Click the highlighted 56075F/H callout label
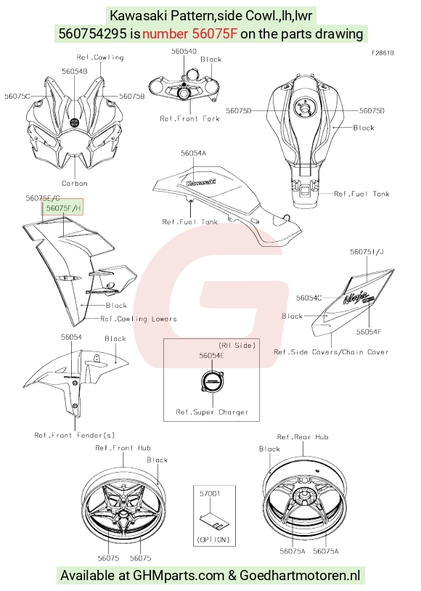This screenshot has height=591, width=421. click(x=62, y=208)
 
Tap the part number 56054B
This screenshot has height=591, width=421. click(x=75, y=71)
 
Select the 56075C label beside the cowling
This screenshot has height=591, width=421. click(x=17, y=96)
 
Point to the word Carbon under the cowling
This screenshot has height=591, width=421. click(x=75, y=184)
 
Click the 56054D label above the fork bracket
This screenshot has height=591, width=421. click(x=184, y=52)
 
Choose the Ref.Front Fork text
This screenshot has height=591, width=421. click(x=189, y=119)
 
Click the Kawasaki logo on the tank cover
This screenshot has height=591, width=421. click(x=201, y=183)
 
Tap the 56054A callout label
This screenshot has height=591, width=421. click(x=193, y=153)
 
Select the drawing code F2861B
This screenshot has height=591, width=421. click(x=383, y=53)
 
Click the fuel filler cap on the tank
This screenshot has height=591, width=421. click(x=305, y=107)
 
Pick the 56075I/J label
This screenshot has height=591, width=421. click(x=367, y=252)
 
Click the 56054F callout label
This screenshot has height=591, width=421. click(x=369, y=332)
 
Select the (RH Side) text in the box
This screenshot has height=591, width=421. click(x=237, y=346)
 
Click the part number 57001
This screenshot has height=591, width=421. click(x=210, y=494)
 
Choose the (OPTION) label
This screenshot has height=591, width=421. click(x=213, y=539)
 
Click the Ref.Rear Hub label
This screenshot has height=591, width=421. click(x=303, y=437)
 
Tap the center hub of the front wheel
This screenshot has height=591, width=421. click(x=123, y=514)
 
